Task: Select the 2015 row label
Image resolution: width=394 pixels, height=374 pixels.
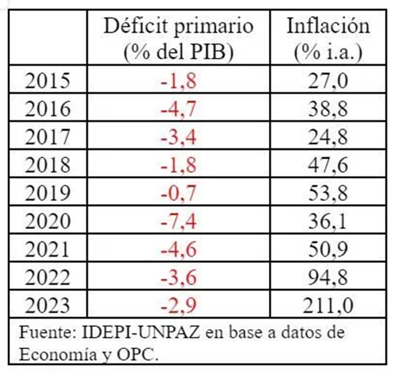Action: [x=48, y=81]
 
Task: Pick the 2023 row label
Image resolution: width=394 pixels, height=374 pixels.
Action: [x=48, y=306]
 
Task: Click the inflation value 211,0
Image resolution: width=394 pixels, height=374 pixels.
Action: [x=328, y=306]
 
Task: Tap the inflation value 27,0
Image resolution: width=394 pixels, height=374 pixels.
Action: [x=328, y=81]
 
